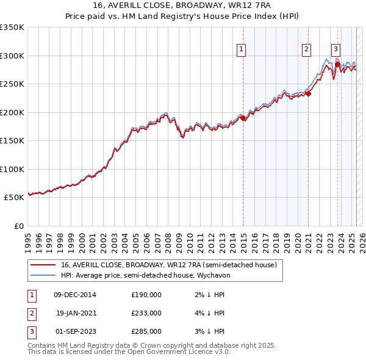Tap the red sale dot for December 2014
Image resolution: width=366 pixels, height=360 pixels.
243,118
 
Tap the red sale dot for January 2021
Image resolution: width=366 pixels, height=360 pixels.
309,93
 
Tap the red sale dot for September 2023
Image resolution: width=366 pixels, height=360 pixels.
337,64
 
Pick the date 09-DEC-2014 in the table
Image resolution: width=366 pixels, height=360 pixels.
75,295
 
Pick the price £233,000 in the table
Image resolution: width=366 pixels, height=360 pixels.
146,313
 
